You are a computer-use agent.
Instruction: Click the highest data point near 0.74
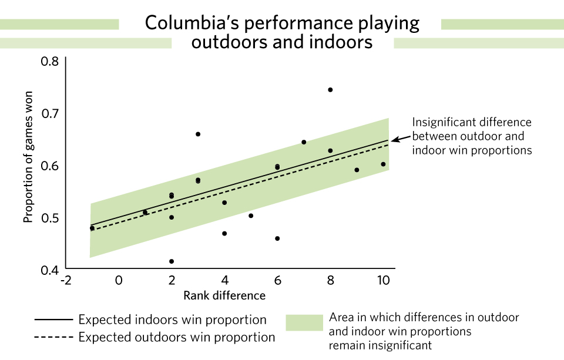[x=330, y=90]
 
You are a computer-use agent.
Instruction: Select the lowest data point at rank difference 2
[x=172, y=261]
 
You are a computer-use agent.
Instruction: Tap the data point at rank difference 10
[x=383, y=164]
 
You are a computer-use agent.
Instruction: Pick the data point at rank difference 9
[x=357, y=170]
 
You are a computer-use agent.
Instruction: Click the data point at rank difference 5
[x=251, y=216]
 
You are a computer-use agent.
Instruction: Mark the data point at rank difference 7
[x=304, y=142]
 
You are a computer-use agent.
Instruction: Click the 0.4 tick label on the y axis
[x=50, y=271]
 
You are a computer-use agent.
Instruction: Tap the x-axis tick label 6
[x=277, y=281]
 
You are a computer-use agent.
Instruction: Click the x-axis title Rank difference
[x=224, y=295]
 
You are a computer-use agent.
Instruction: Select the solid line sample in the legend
[x=53, y=320]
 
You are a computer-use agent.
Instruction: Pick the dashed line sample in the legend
[x=53, y=338]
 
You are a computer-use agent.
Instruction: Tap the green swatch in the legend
[x=304, y=323]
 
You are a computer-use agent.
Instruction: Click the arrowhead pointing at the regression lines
[x=394, y=140]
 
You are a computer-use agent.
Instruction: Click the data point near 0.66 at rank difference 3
[x=198, y=134]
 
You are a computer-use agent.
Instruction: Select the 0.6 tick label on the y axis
[x=50, y=166]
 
